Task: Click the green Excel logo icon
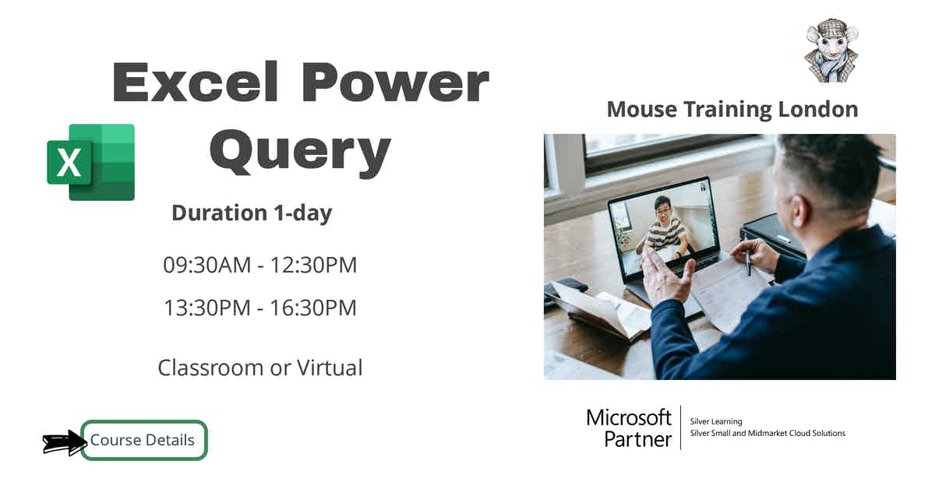tap(91, 162)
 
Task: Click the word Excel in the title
tap(196, 83)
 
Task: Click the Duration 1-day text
tap(252, 213)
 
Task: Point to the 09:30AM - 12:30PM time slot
tap(259, 265)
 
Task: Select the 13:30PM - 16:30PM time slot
tap(259, 308)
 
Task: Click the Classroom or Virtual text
tap(259, 368)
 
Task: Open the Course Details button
tap(143, 440)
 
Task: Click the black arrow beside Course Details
tap(63, 443)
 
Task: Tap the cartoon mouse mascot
tap(831, 52)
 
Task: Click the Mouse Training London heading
tap(732, 109)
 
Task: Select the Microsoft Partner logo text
tap(629, 427)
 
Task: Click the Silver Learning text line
tap(716, 421)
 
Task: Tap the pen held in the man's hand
tap(747, 262)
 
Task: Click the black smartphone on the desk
tap(566, 287)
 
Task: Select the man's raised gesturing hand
tap(667, 277)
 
